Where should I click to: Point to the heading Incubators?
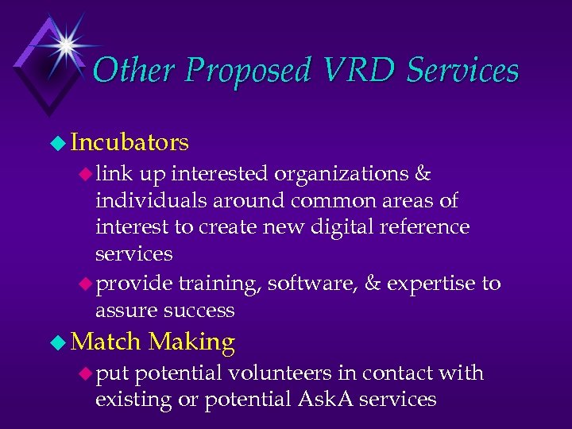point(129,142)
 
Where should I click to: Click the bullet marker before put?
point(84,373)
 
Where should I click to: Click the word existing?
point(132,399)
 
